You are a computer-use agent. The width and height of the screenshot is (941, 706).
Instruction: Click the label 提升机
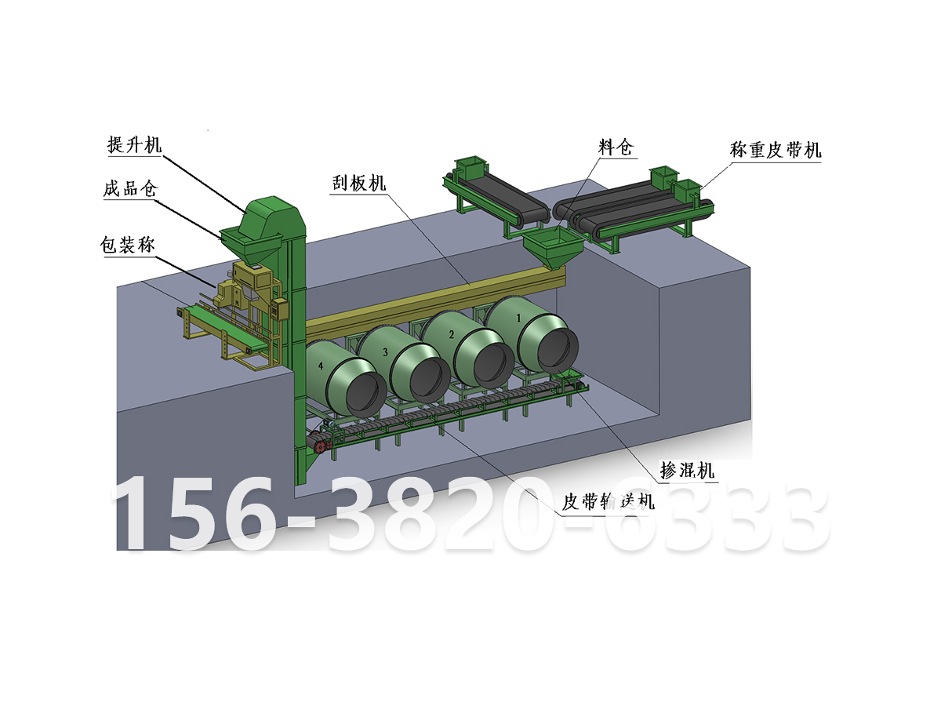pyautogui.click(x=134, y=145)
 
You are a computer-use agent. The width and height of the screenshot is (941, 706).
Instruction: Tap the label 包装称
pyautogui.click(x=128, y=245)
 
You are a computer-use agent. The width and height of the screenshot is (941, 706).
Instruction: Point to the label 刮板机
pyautogui.click(x=358, y=184)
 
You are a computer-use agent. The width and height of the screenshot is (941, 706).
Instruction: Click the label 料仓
pyautogui.click(x=614, y=147)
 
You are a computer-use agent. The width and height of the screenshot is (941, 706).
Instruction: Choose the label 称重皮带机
pyautogui.click(x=776, y=149)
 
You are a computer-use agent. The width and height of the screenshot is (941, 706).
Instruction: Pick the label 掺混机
pyautogui.click(x=687, y=471)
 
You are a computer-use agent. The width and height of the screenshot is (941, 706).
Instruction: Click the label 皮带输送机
pyautogui.click(x=609, y=501)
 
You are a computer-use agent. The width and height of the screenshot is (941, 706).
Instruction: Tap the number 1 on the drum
pyautogui.click(x=518, y=318)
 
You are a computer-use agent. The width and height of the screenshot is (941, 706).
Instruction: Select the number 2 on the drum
pyautogui.click(x=451, y=334)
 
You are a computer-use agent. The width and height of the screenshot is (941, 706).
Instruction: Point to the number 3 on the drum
pyautogui.click(x=385, y=352)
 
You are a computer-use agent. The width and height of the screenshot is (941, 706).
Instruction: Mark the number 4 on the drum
pyautogui.click(x=320, y=366)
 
